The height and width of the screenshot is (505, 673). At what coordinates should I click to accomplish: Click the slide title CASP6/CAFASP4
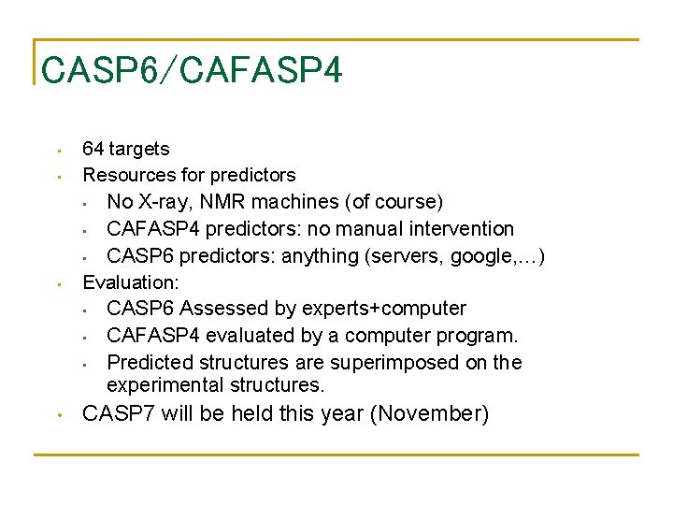(192, 69)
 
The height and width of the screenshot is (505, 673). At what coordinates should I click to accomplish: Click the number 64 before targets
(93, 149)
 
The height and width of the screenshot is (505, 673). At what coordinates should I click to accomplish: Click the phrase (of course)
(394, 202)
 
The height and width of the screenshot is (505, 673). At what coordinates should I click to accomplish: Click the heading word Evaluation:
(131, 282)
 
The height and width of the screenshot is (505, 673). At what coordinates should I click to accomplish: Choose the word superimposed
(390, 363)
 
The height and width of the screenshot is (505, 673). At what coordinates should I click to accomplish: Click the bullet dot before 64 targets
(58, 150)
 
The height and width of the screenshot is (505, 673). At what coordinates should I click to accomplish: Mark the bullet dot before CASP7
(58, 414)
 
